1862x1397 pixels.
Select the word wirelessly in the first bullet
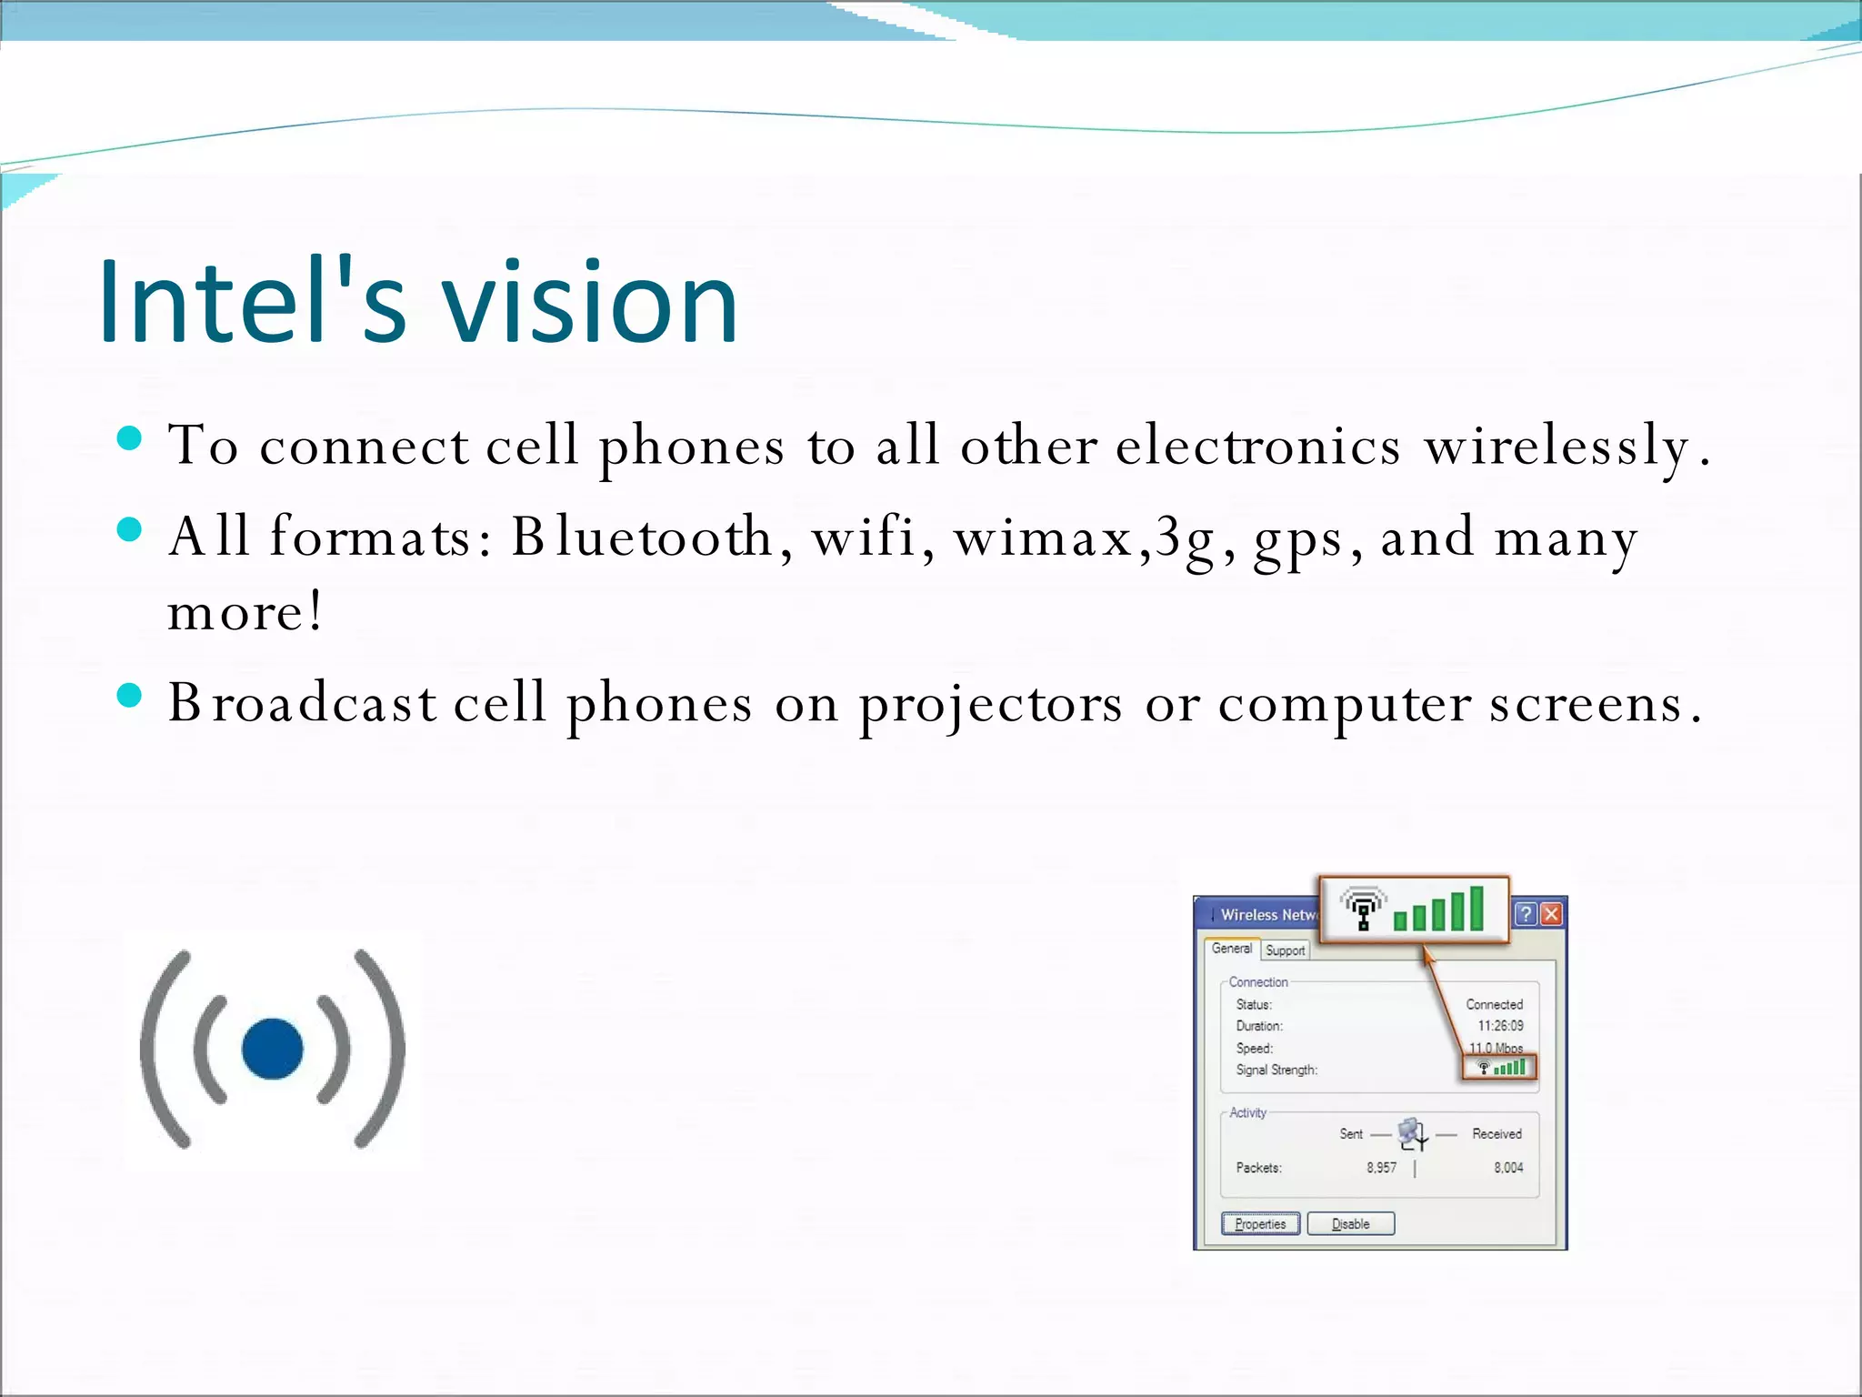(1556, 447)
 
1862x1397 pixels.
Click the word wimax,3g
(1082, 537)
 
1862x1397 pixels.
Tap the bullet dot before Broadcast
(130, 696)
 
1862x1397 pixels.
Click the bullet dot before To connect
(130, 439)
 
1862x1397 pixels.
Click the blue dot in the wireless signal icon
(272, 1049)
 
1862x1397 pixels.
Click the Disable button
(1350, 1223)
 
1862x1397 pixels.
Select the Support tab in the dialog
(1285, 950)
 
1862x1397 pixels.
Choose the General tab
(1232, 949)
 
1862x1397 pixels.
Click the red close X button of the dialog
(1552, 914)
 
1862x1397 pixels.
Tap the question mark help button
(1526, 914)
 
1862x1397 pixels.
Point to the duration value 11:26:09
(1500, 1026)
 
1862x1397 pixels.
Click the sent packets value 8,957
(1381, 1168)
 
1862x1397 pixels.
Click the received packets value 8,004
(1508, 1168)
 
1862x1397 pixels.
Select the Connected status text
(1494, 1004)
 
